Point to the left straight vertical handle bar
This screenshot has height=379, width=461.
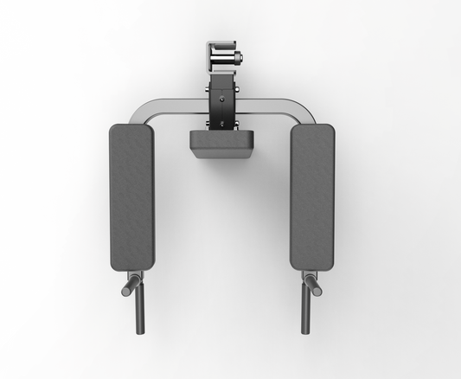pyautogui.click(x=136, y=307)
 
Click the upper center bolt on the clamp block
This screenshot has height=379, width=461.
pyautogui.click(x=222, y=98)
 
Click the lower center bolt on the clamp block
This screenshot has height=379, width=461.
pyautogui.click(x=222, y=124)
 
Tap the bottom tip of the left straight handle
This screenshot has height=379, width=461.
pyautogui.click(x=136, y=332)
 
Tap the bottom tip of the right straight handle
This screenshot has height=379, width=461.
pyautogui.click(x=304, y=332)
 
